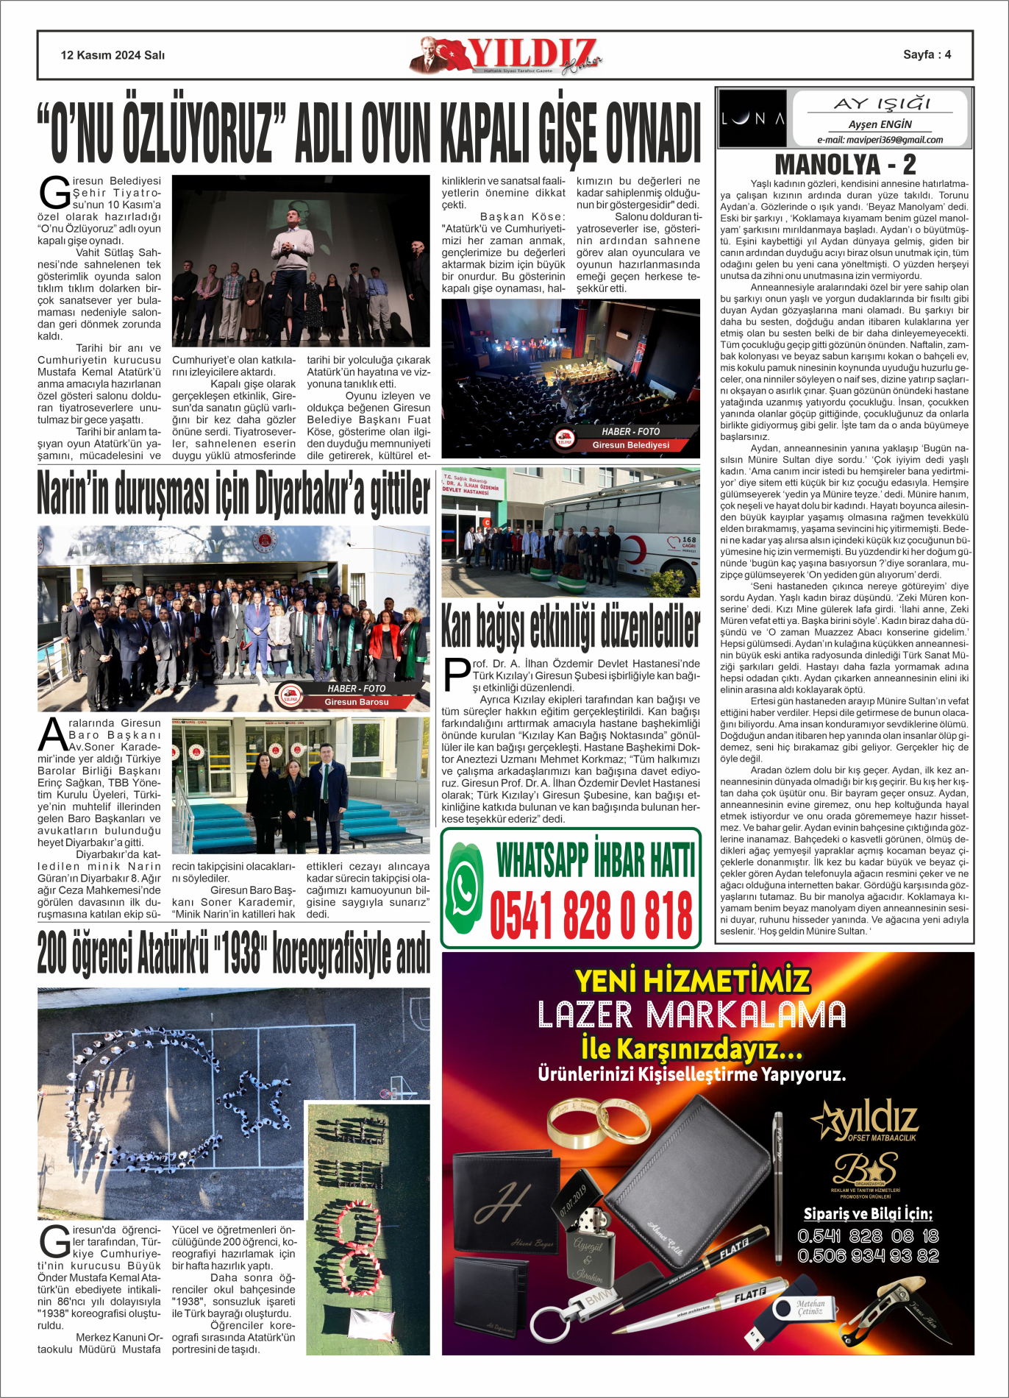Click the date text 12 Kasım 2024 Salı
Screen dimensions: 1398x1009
(x=113, y=55)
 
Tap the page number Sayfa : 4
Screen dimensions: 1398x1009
(x=927, y=54)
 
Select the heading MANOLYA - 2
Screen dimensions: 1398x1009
(x=845, y=164)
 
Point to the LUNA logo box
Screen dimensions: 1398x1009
(x=752, y=118)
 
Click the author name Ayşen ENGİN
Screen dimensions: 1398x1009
(x=880, y=124)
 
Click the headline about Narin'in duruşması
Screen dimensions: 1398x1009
(x=234, y=494)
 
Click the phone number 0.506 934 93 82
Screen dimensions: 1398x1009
(x=868, y=1256)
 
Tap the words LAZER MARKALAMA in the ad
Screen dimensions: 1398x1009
(x=691, y=1015)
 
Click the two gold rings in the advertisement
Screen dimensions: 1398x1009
(x=599, y=1122)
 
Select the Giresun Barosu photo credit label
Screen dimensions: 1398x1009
(x=356, y=702)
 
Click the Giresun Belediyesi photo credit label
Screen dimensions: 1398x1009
(x=630, y=445)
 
